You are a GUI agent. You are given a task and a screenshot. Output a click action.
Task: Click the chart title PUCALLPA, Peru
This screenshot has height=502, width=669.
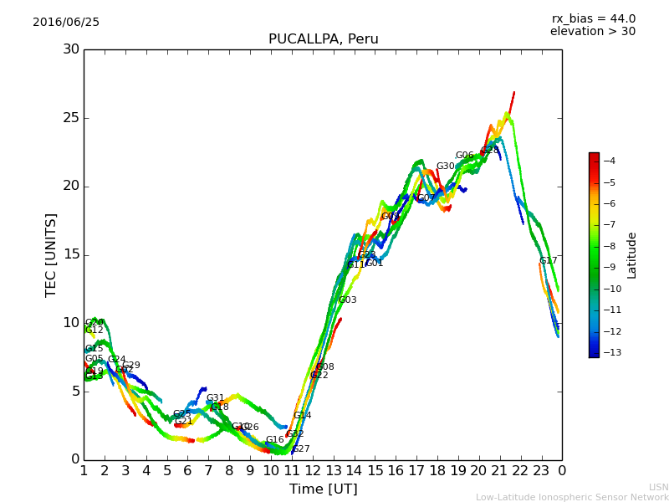323,39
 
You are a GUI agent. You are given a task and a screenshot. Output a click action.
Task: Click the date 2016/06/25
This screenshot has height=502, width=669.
66,23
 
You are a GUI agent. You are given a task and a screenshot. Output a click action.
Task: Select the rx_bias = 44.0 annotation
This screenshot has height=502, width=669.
593,19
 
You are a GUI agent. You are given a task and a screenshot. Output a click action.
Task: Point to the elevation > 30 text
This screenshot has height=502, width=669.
592,32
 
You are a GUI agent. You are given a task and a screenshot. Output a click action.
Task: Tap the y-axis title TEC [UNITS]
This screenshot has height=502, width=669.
52,254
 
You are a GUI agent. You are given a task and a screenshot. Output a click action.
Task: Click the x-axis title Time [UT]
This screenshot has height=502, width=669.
323,489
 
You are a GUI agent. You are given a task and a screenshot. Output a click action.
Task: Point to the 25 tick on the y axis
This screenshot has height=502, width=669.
71,118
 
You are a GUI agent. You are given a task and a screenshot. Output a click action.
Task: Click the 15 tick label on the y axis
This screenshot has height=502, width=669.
71,254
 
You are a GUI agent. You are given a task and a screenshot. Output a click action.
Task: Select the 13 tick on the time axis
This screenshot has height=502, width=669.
333,470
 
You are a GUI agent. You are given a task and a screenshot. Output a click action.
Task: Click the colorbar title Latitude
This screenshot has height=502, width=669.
632,254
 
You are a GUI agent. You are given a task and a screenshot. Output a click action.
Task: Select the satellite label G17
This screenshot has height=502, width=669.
549,261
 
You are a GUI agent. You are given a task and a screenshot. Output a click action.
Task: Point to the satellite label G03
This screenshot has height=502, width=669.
347,300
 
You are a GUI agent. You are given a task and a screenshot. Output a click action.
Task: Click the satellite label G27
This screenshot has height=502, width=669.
301,449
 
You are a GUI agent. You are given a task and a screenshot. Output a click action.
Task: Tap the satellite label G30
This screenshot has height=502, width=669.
446,166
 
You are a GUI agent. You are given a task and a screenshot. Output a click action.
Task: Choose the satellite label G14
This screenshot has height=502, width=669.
302,416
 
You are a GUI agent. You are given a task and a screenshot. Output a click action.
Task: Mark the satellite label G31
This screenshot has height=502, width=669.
215,398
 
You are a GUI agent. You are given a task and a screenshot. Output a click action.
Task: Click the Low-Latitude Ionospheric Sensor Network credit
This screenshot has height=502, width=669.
572,497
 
